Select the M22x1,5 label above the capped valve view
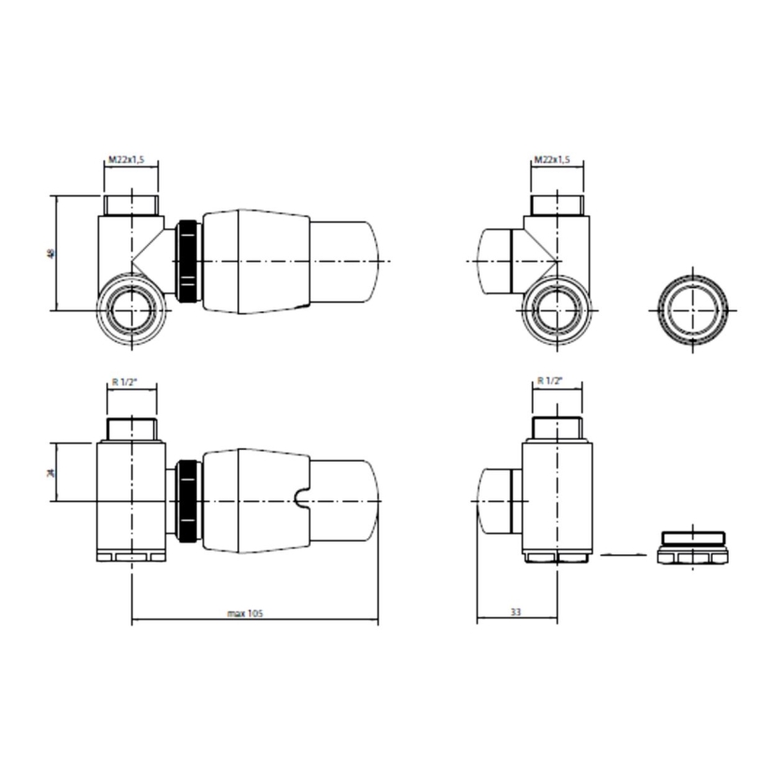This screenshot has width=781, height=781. (x=552, y=159)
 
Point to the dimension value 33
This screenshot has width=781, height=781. (x=516, y=612)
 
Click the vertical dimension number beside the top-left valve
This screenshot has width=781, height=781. (x=50, y=254)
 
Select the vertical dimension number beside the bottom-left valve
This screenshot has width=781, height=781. (x=51, y=472)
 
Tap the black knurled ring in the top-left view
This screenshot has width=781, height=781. (x=188, y=261)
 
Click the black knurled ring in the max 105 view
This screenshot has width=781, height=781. (x=188, y=501)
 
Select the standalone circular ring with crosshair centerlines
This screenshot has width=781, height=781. (x=692, y=309)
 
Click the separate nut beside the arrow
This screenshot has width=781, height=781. (x=692, y=548)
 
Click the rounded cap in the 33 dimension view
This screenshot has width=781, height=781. (x=496, y=501)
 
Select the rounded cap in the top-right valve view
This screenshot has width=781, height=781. (x=495, y=261)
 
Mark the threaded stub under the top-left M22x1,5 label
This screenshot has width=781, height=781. (x=131, y=204)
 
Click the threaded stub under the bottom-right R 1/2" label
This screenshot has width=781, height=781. (x=557, y=426)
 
